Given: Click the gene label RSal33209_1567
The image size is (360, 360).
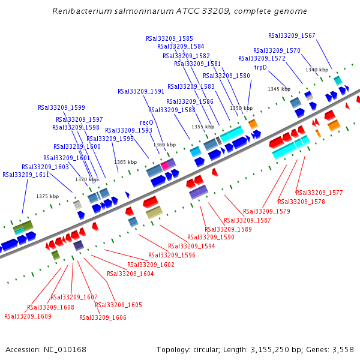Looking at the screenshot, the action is pos(292,36).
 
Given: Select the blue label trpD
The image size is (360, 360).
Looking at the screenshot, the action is pos(260,68).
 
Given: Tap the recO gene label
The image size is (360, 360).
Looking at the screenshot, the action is pos(146,122).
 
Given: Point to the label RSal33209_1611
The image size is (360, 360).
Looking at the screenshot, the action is pos(26,175).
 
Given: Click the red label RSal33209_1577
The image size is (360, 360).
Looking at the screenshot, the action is pos(319,193).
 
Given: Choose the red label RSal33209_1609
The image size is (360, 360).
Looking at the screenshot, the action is pos(28,316).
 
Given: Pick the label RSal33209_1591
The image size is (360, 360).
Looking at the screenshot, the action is pos(141,92).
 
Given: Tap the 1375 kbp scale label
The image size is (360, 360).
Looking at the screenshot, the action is pos(47,196).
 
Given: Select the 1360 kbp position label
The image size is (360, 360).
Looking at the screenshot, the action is pos(164,145).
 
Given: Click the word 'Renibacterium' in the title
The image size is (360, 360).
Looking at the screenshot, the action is pos(82,11).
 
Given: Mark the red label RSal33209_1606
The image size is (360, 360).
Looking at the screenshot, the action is pos(103,317).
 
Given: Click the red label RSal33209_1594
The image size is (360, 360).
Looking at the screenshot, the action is pos(191,247).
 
